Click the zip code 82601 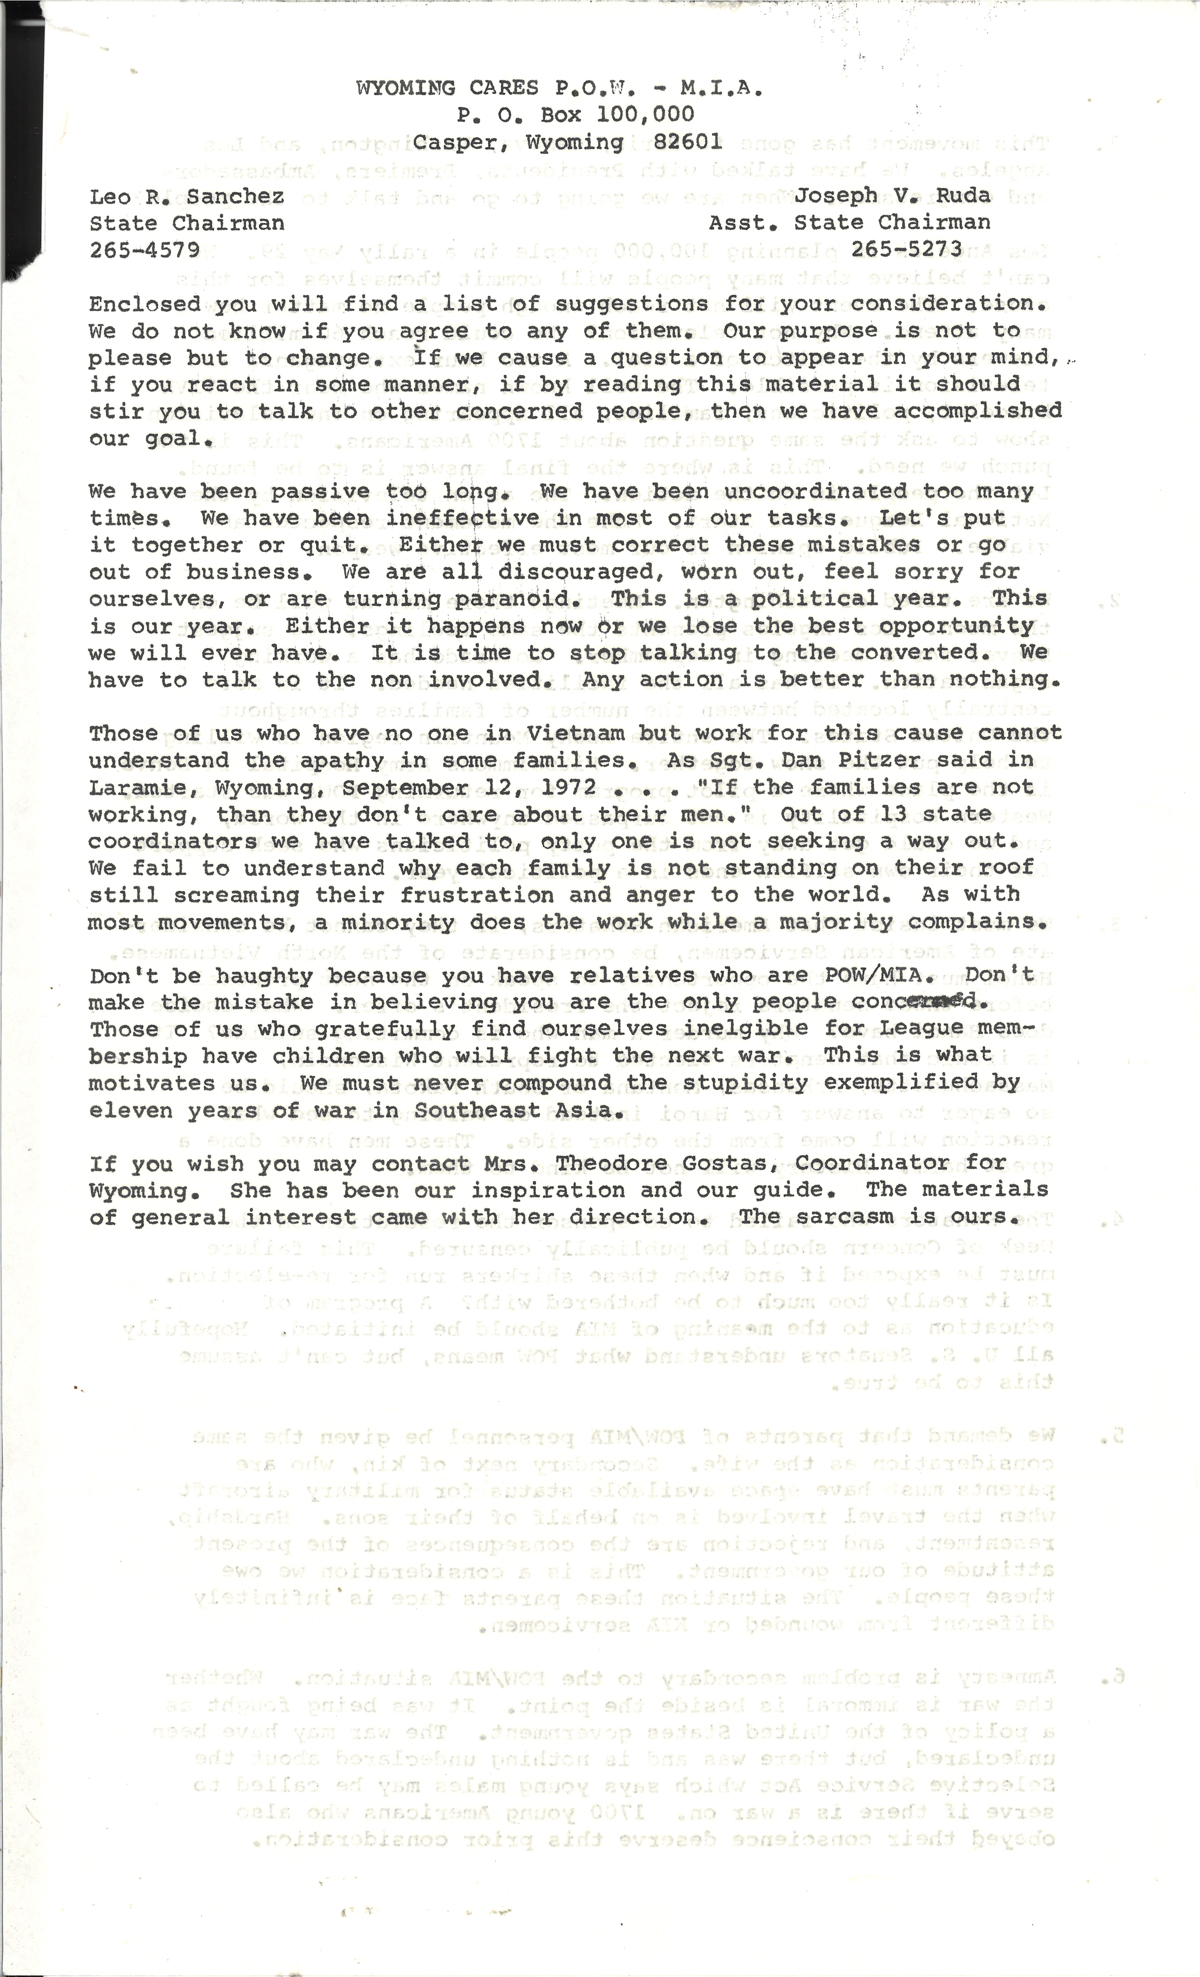[688, 142]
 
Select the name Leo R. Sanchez [186, 197]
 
